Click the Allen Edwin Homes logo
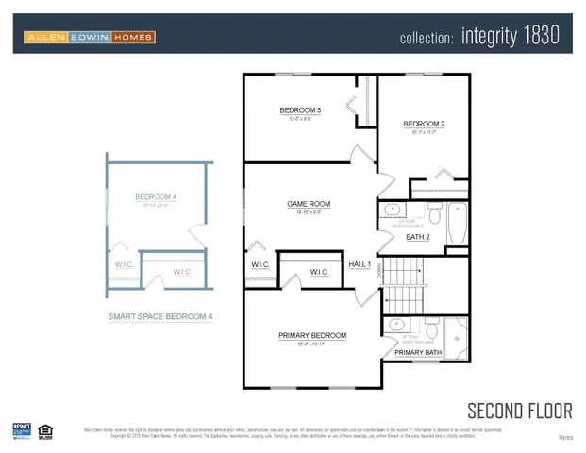(90, 37)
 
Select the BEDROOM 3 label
(300, 111)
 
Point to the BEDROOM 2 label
(424, 125)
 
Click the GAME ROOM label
(309, 204)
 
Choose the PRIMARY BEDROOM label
(311, 335)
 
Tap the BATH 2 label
(418, 237)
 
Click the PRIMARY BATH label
(416, 353)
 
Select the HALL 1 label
(360, 265)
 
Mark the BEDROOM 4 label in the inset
(156, 197)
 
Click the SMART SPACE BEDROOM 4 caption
(159, 317)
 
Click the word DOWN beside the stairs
(379, 270)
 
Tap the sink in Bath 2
(393, 210)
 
